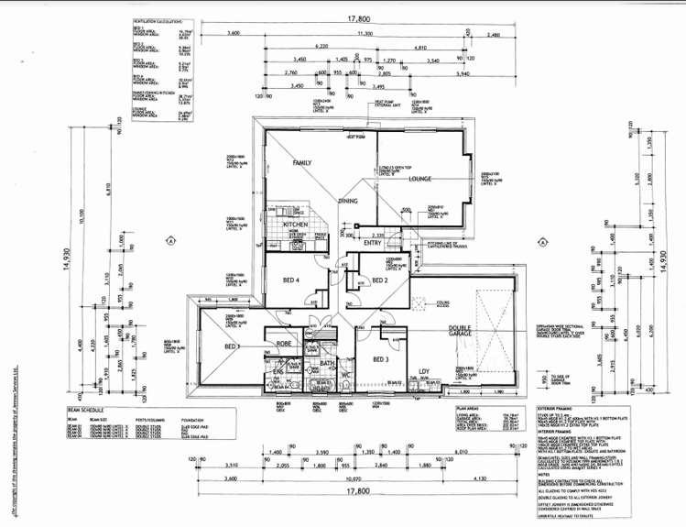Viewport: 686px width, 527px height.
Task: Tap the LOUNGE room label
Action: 419,179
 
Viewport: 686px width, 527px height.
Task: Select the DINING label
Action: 347,200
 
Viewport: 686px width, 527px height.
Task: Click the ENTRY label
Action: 373,243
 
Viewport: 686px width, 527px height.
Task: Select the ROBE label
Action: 283,343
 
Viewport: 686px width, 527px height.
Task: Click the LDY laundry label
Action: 424,371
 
